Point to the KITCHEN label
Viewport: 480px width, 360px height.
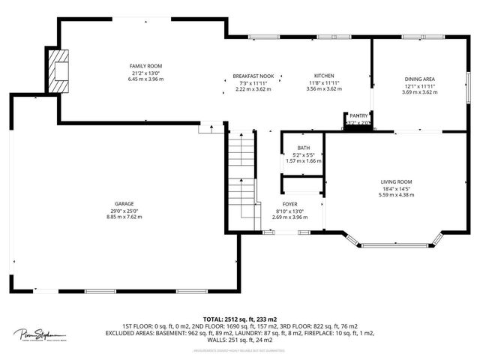tap(324, 76)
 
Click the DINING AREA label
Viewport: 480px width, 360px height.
tap(418, 79)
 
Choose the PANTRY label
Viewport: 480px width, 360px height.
tap(358, 115)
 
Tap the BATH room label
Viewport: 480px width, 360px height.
tap(303, 148)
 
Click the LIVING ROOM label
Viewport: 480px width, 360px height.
tap(396, 181)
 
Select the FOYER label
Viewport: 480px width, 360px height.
tap(289, 204)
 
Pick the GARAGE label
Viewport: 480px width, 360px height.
tap(124, 205)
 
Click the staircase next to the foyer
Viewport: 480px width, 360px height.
tap(241, 172)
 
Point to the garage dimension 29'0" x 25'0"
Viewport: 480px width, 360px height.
tap(124, 211)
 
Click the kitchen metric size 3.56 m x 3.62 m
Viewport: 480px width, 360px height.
tap(324, 88)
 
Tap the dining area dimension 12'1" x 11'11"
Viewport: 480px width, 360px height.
tap(418, 85)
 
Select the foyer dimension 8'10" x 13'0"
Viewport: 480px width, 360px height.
tap(289, 210)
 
